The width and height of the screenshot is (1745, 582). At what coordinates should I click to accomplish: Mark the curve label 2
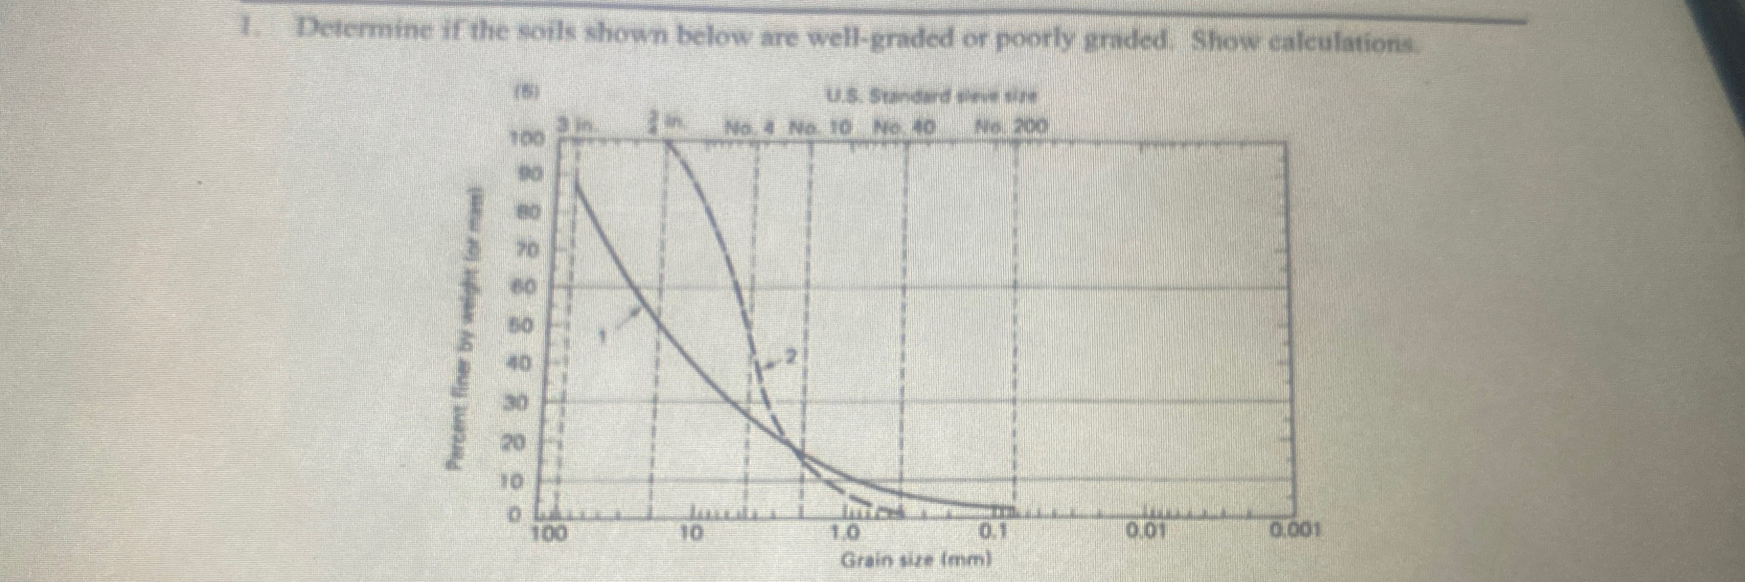coord(792,355)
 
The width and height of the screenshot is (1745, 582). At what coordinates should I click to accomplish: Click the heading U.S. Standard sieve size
coord(931,97)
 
